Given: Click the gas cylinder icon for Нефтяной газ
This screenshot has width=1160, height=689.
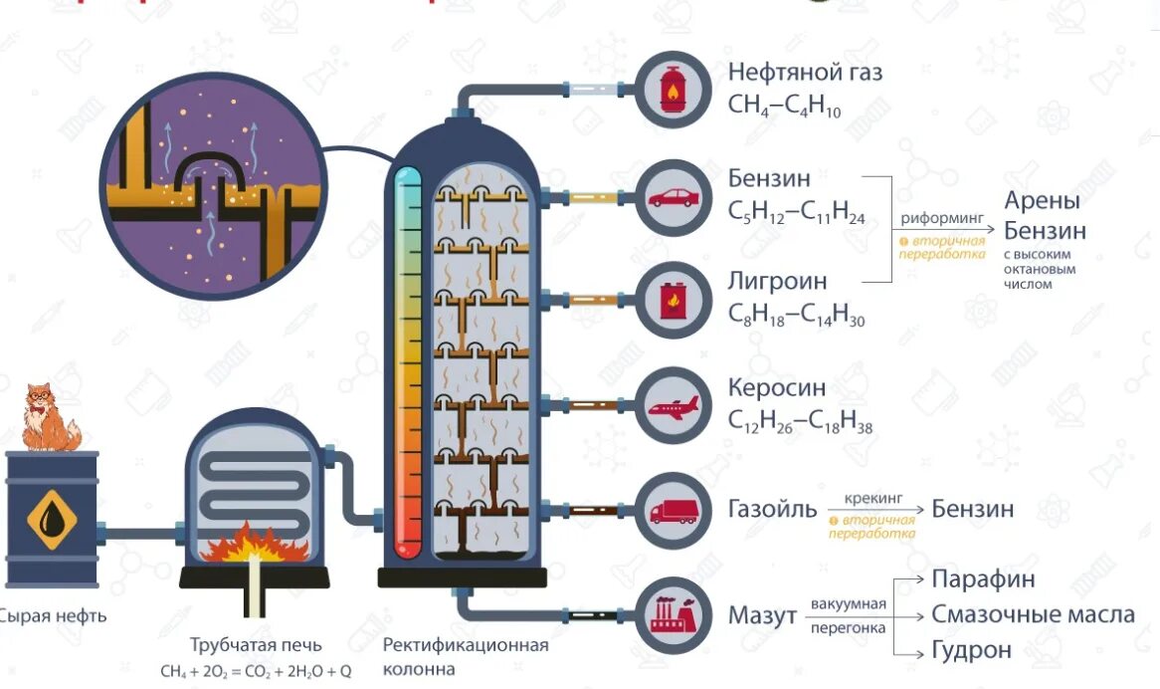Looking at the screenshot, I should point(674,90).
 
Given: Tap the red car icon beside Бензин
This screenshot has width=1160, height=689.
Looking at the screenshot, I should point(674,197).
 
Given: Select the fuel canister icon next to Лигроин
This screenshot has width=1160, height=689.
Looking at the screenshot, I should point(674,300).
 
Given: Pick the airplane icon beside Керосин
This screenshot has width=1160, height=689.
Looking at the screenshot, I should point(674,406).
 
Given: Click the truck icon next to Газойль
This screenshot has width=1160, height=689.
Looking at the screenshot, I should point(674,511).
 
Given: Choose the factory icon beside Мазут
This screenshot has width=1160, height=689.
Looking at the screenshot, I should point(674,615).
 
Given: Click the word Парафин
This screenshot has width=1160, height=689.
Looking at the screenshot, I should point(983,579).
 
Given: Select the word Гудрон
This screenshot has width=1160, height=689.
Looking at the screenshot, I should point(972,650).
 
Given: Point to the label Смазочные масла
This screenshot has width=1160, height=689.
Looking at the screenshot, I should point(1033,614).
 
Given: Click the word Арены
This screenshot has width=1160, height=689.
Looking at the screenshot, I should point(1042,200).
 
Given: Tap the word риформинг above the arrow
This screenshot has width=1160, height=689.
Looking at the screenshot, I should point(941,217).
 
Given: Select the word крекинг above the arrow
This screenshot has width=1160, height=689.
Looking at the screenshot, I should point(872,495).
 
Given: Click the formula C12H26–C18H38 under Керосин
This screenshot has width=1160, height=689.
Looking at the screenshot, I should point(800,422).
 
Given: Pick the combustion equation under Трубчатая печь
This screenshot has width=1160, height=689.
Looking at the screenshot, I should point(256,670).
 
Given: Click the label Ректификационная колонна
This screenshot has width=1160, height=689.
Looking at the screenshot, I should point(466,656).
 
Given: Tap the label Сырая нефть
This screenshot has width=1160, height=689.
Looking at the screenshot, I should point(52,615).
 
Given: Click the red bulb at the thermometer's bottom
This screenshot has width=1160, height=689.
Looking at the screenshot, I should point(408,547).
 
